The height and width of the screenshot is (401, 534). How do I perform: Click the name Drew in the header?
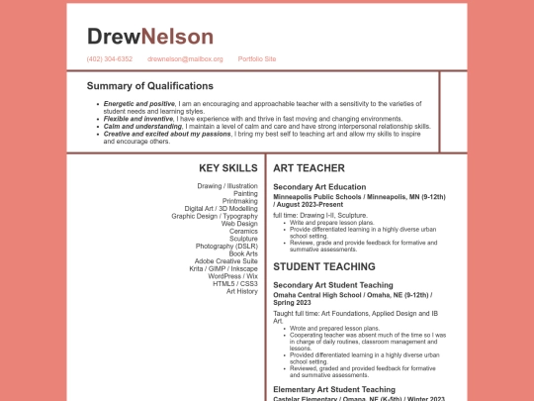114,37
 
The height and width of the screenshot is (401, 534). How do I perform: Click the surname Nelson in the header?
177,37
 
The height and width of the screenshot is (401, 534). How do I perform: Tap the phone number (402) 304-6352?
110,59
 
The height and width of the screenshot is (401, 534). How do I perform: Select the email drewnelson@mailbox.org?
185,59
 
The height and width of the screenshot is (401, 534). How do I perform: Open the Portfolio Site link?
257,59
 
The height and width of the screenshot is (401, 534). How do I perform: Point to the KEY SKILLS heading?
227,168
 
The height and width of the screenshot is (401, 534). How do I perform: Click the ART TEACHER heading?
309,168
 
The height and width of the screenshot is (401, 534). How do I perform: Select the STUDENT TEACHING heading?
324,266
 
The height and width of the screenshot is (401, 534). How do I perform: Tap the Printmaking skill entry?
240,201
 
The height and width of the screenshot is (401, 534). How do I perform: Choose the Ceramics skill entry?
243,231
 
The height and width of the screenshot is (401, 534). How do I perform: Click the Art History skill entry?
241,291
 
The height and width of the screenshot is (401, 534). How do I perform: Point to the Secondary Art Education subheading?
319,187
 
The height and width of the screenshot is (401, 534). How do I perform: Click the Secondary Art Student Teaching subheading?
333,285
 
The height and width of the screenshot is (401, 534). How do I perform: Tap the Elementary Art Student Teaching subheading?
333,389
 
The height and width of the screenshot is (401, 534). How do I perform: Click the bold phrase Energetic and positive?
139,103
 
